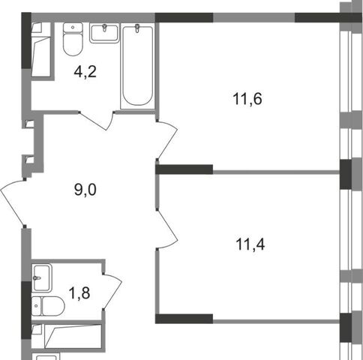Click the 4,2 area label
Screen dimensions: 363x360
pos(85,72)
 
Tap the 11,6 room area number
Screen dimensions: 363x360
pos(247,99)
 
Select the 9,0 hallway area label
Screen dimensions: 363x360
pos(85,190)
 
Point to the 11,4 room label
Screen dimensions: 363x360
pos(250,244)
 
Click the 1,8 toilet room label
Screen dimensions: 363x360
pos(79,293)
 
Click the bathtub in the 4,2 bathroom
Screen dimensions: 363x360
pos(137,66)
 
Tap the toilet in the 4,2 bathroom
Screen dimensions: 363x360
pos(73,39)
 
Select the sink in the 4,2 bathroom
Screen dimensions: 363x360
pos(104,33)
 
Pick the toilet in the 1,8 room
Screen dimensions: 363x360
pos(48,306)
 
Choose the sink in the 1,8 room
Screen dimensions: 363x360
pos(42,277)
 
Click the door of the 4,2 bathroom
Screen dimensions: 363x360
pos(96,121)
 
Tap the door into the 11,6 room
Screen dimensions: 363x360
pos(167,141)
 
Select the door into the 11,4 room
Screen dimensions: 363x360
pos(167,229)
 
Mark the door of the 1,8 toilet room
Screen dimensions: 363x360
pos(112,292)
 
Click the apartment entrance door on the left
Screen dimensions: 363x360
pos(13,203)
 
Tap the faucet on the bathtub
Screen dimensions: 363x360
pos(137,28)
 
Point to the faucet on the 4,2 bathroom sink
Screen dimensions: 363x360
pos(104,28)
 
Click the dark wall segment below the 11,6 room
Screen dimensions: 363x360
pos(184,169)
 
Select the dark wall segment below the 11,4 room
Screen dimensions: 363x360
pos(184,319)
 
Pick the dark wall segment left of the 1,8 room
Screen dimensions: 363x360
pos(26,310)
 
